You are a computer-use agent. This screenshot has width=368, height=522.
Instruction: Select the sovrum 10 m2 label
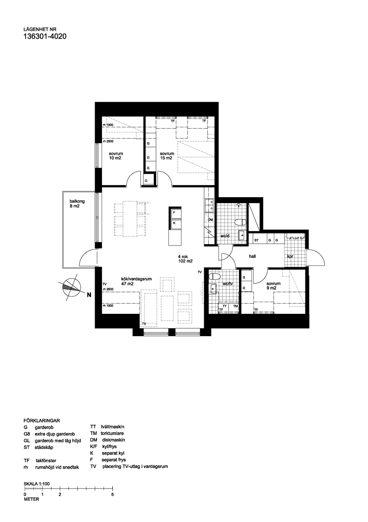coord(116,156)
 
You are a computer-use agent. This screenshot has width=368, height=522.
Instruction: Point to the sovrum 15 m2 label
coord(167,156)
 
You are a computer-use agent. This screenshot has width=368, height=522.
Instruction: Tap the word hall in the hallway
coord(252,256)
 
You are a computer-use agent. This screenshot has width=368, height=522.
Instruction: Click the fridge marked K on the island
coord(174,223)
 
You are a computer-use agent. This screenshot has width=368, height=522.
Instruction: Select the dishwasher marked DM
coord(210,219)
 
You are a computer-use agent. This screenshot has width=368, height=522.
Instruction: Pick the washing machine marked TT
coord(225,307)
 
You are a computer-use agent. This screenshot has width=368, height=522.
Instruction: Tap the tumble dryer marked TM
coord(235,307)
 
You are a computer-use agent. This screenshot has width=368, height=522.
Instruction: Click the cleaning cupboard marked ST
coord(256,240)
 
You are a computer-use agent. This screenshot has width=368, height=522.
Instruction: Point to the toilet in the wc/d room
coord(240,222)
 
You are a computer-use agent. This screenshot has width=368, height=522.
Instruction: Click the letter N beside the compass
coord(89,293)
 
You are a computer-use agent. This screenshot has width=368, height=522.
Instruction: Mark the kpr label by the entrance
coord(291,256)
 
